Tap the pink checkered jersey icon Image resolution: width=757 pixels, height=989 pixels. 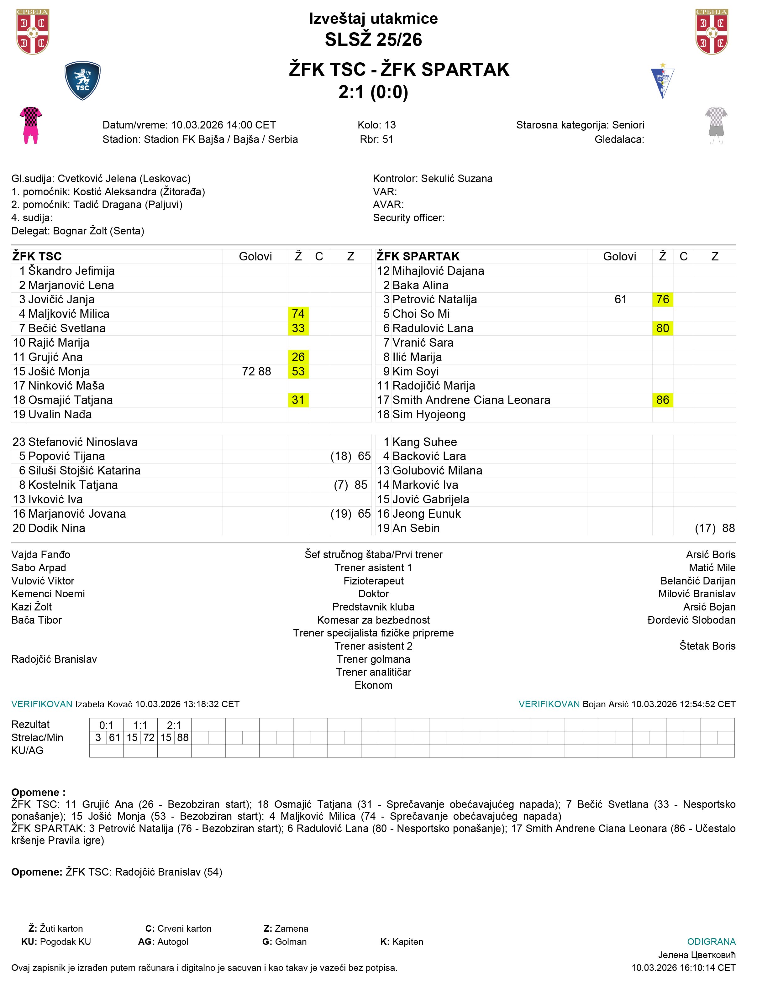(31, 125)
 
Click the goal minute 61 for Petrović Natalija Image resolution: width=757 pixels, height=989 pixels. (620, 300)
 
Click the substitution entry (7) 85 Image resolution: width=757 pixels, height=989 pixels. (350, 485)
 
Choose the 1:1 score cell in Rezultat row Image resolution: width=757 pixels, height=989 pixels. (140, 725)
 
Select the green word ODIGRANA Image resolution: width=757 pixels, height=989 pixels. (711, 942)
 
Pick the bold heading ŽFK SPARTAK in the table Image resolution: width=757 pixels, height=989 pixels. (418, 256)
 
